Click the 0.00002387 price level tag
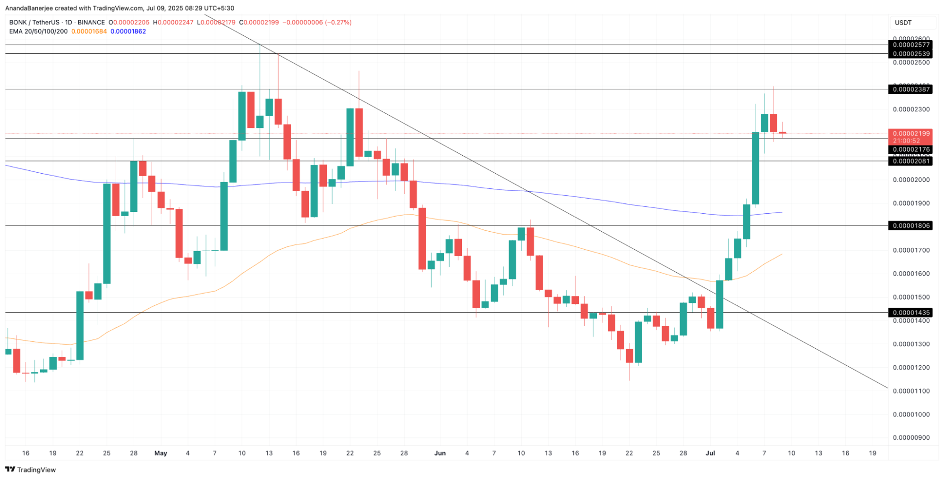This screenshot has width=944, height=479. (x=910, y=89)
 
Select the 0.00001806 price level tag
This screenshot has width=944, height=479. (x=910, y=226)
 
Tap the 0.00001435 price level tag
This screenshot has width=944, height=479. (x=910, y=312)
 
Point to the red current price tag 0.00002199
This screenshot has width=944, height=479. (x=910, y=134)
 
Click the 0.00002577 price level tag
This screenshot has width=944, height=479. (x=910, y=45)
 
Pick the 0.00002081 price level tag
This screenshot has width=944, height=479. (x=910, y=161)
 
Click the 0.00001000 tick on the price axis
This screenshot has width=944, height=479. (x=911, y=414)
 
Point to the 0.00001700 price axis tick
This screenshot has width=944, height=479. (x=911, y=250)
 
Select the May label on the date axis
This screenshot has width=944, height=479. (x=161, y=453)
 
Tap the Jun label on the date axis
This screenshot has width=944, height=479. (x=440, y=453)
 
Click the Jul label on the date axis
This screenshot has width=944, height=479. (x=710, y=453)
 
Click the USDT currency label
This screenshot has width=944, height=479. (x=903, y=23)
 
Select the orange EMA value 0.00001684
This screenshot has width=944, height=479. (x=89, y=32)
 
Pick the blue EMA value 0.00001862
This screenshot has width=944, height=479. (x=128, y=32)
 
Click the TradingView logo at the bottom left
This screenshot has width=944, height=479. (x=31, y=470)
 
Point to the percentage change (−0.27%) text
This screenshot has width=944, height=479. (x=338, y=22)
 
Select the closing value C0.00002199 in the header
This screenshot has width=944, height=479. (x=259, y=22)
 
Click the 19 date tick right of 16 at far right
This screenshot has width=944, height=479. (x=872, y=453)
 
